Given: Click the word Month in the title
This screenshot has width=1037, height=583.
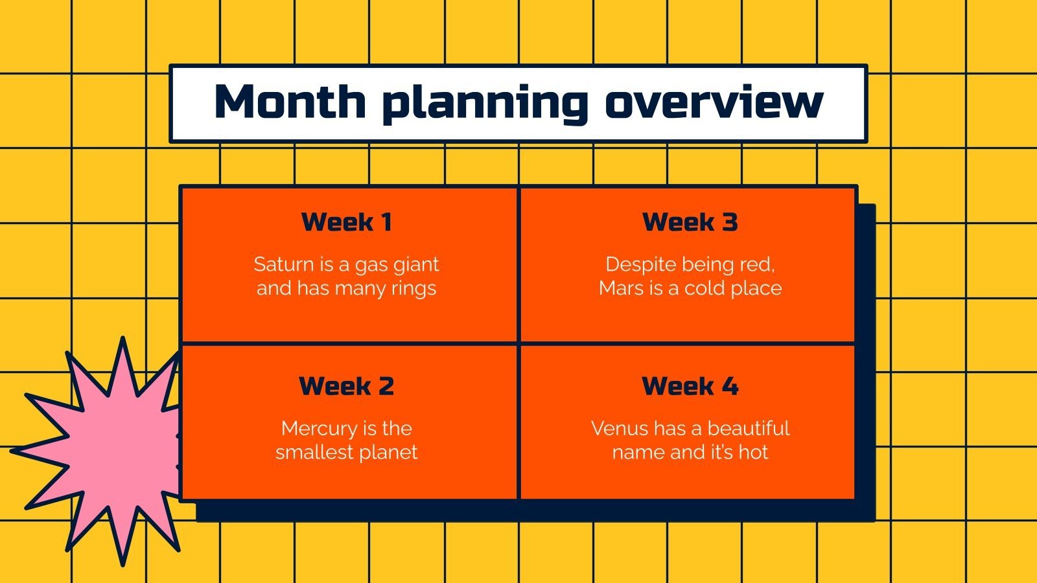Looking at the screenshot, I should click(x=290, y=102).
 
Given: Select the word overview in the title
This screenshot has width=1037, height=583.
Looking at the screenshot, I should click(x=714, y=102).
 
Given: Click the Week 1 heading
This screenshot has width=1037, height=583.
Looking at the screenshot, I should click(x=347, y=222).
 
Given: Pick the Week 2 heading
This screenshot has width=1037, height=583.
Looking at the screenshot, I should click(x=347, y=386).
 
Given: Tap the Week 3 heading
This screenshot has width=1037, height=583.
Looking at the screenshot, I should click(x=690, y=222).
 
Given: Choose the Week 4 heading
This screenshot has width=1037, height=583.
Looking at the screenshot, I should click(x=690, y=386).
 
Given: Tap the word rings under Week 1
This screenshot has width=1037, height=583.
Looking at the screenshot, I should click(x=414, y=289).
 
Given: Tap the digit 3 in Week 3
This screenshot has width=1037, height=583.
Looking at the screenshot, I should click(x=730, y=222).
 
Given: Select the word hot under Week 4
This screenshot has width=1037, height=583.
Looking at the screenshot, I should click(x=753, y=452).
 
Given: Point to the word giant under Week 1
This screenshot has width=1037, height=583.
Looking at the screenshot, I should click(x=416, y=265).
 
